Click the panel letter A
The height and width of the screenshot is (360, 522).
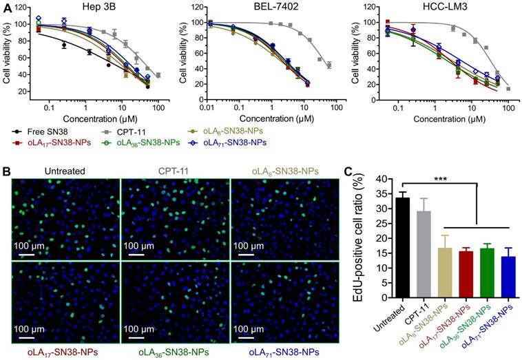pos(6,6)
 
